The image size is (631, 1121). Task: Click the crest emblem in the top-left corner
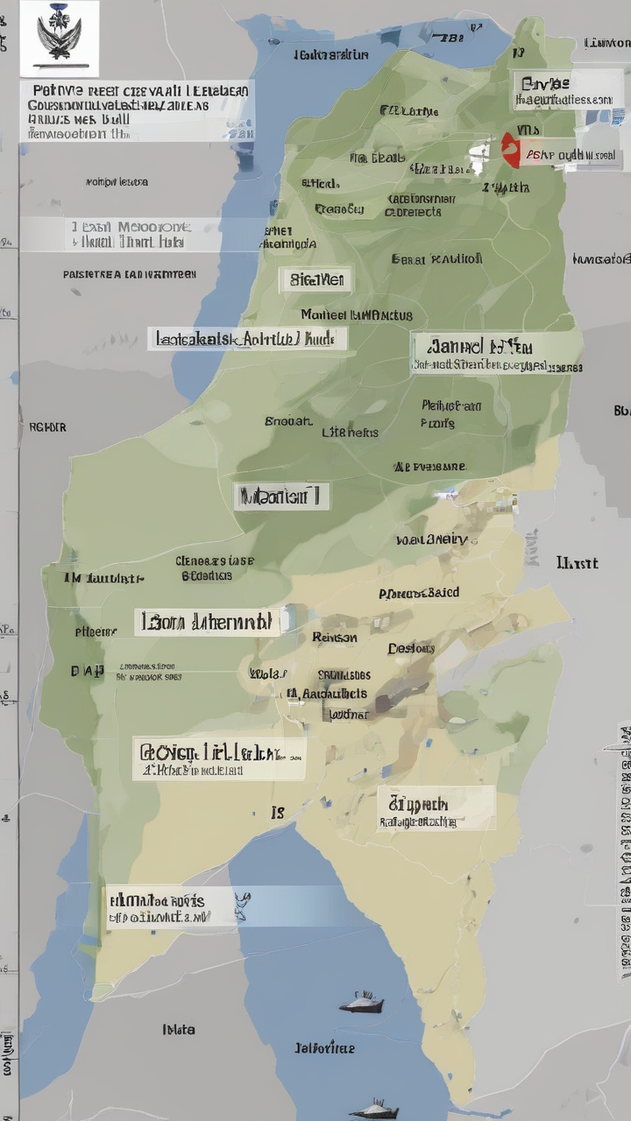(x=60, y=37)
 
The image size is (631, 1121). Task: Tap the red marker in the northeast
(x=511, y=151)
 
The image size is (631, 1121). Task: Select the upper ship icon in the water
(x=361, y=1003)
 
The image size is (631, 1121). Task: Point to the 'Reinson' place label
(x=334, y=638)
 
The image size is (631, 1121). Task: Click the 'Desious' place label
(x=411, y=649)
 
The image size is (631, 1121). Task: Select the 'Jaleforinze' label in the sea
(x=324, y=1047)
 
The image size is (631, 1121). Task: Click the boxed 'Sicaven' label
(x=315, y=280)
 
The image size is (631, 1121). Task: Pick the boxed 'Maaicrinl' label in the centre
(x=281, y=497)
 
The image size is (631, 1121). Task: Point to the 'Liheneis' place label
(x=350, y=433)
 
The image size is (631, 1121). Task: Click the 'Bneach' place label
(x=288, y=421)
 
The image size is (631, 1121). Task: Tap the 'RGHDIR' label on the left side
(x=47, y=427)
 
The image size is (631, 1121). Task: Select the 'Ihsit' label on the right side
(x=577, y=562)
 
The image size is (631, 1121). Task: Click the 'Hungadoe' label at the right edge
(x=601, y=259)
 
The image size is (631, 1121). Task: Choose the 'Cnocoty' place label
(x=339, y=209)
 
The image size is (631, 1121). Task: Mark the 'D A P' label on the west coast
(x=87, y=671)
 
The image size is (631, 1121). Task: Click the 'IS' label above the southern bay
(x=278, y=813)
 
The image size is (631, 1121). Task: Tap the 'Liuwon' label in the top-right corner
(x=606, y=42)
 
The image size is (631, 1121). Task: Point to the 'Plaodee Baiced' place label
(x=419, y=593)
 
